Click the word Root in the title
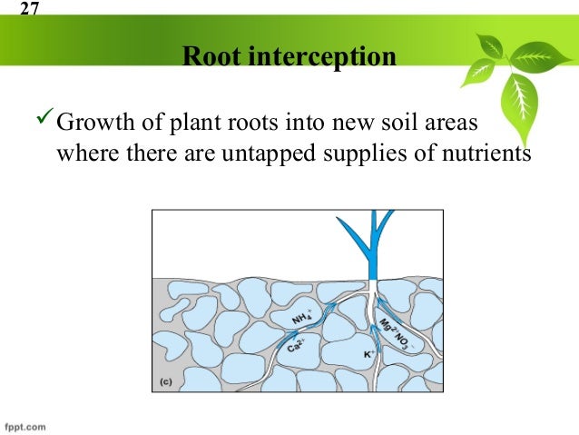coord(211,58)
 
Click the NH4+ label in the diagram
coord(302,318)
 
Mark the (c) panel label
coord(166,381)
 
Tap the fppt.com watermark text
coord(25,426)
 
